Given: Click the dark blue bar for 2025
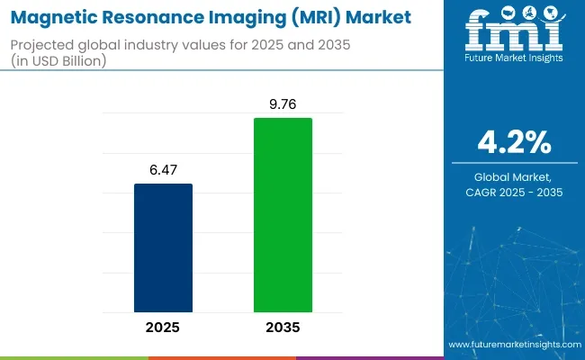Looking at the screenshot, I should pyautogui.click(x=163, y=247).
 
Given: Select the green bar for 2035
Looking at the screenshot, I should pyautogui.click(x=283, y=215).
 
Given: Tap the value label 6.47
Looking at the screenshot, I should pyautogui.click(x=163, y=169).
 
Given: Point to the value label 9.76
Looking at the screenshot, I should pyautogui.click(x=283, y=103).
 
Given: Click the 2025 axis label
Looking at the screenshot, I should pyautogui.click(x=163, y=328).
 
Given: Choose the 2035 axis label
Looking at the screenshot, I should pyautogui.click(x=283, y=328).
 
